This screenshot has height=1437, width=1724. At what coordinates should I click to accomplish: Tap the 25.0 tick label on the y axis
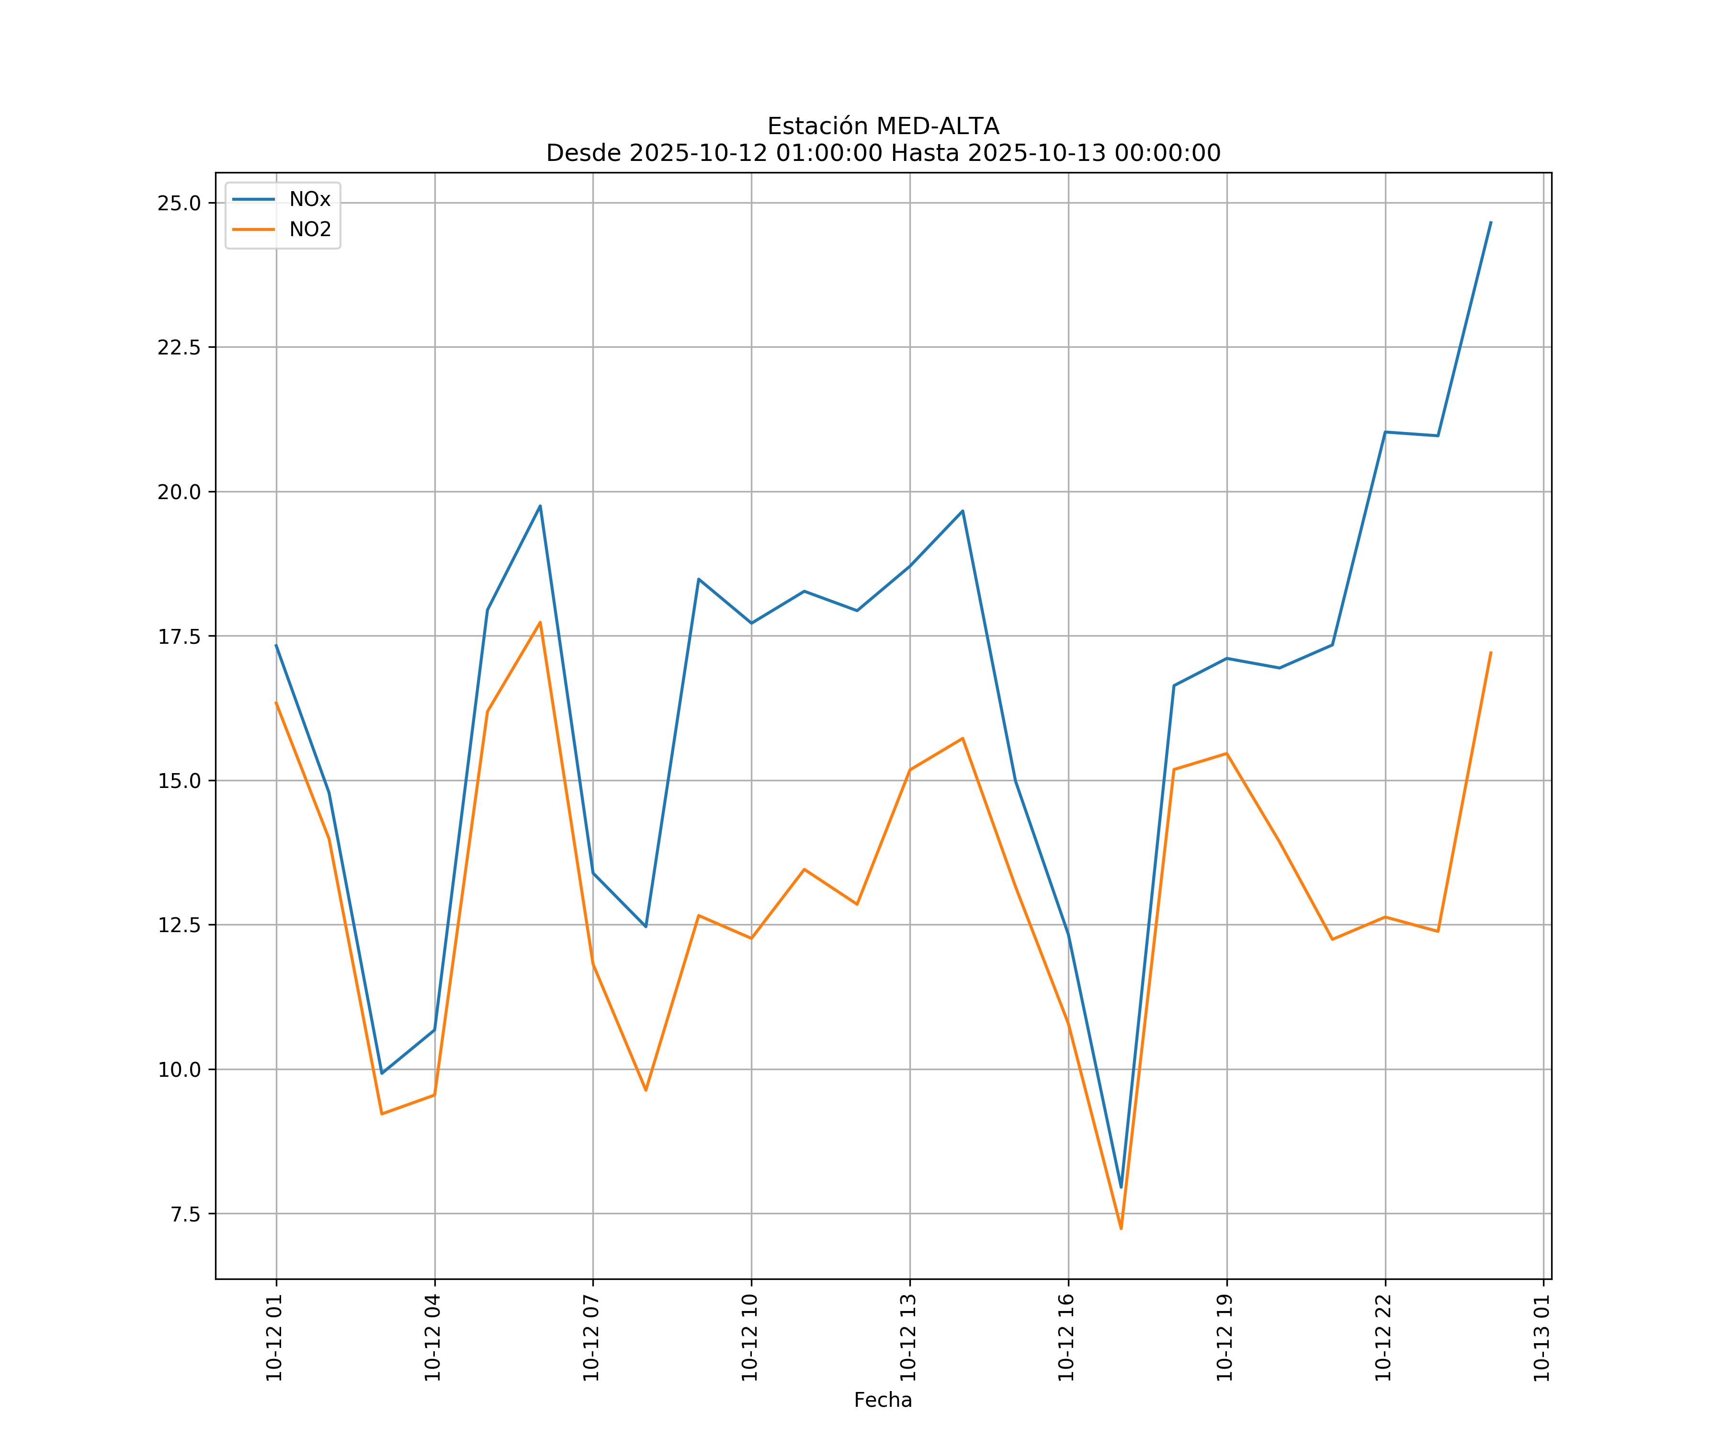(x=179, y=203)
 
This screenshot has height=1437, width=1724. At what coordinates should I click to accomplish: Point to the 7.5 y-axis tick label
(x=185, y=1214)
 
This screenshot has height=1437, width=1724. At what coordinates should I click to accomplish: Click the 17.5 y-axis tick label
(x=179, y=637)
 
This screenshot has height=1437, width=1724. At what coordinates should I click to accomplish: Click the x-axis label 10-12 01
(x=274, y=1338)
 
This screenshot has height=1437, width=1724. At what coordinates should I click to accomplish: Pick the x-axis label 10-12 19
(x=1225, y=1338)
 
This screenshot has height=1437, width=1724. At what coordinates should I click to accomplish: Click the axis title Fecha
(x=883, y=1400)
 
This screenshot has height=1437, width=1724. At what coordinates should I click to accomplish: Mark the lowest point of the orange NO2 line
(x=1122, y=1229)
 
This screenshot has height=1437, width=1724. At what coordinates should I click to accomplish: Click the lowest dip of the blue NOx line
(x=1122, y=1187)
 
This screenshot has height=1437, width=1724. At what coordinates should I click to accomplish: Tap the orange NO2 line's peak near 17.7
(x=540, y=622)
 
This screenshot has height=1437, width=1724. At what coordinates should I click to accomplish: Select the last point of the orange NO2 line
(x=1491, y=653)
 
